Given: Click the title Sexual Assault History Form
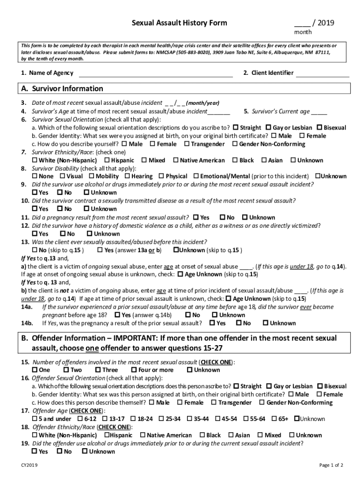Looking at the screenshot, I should [x=179, y=23].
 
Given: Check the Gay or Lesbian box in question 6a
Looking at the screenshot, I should [x=268, y=127].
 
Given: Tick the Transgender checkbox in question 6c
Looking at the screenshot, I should [x=187, y=144].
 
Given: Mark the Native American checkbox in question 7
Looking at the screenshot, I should [x=176, y=160].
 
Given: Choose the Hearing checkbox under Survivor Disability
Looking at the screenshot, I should [x=127, y=176].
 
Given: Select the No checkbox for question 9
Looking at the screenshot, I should [x=60, y=193].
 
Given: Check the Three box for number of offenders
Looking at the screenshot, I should [x=98, y=370].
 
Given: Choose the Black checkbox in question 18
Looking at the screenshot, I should [x=202, y=435].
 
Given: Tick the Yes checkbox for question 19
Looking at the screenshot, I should [x=35, y=451].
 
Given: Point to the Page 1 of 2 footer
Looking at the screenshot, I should [x=331, y=465].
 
